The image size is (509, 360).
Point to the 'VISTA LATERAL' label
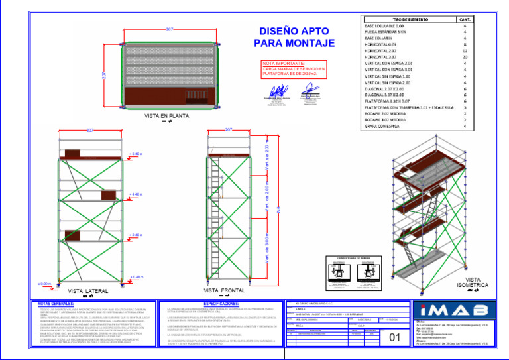pyautogui.click(x=88, y=291)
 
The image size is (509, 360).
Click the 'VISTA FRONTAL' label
pyautogui.click(x=224, y=290)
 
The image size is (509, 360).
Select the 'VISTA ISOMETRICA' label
pyautogui.click(x=473, y=282)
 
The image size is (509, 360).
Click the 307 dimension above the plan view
pyautogui.click(x=170, y=30)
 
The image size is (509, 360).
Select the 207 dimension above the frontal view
pyautogui.click(x=228, y=129)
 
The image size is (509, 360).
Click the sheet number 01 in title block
pyautogui.click(x=395, y=337)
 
